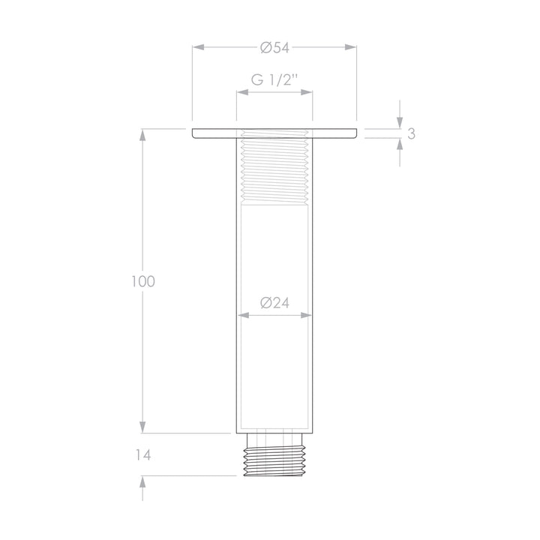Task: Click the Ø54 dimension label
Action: pos(274,47)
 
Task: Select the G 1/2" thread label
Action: pos(274,80)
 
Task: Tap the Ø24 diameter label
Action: pos(274,303)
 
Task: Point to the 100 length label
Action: pos(143,281)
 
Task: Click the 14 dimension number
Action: pos(143,455)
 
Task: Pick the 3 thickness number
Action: pos(411,133)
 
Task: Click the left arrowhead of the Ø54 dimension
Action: pos(198,47)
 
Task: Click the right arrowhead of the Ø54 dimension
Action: pos(350,47)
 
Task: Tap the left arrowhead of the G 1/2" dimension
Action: pos(242,92)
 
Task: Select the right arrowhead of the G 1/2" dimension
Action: pos(307,92)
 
